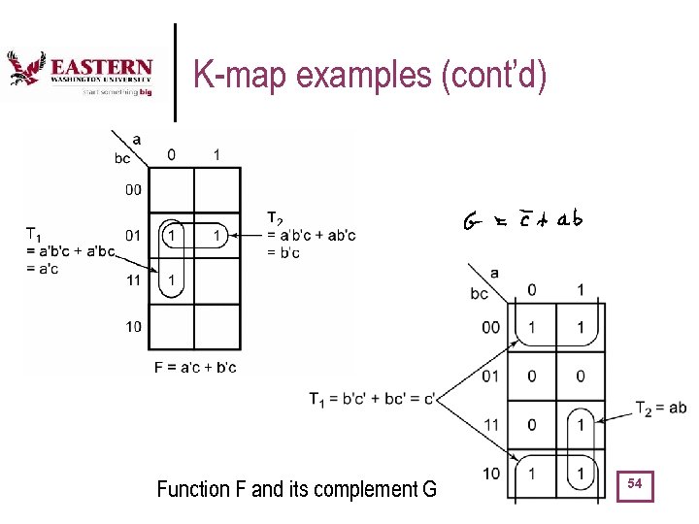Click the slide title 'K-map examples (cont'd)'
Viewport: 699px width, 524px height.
(370, 74)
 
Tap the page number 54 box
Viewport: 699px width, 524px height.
(636, 483)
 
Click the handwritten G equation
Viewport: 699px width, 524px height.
(521, 220)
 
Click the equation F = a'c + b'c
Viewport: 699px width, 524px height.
(195, 367)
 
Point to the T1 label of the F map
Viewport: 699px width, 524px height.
(33, 233)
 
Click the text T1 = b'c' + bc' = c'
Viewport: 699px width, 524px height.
(372, 398)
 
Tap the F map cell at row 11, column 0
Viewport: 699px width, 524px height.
(172, 281)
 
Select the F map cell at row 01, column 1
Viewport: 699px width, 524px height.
(217, 236)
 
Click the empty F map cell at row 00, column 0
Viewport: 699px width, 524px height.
(172, 190)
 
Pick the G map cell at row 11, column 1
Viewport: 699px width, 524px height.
(581, 423)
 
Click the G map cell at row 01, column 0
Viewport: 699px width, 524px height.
(532, 375)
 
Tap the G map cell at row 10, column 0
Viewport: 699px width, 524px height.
(532, 472)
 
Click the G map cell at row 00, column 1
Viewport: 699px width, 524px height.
(581, 327)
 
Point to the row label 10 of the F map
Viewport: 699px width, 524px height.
(133, 326)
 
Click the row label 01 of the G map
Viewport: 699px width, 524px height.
(492, 375)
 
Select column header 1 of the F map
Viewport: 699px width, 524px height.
(216, 154)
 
